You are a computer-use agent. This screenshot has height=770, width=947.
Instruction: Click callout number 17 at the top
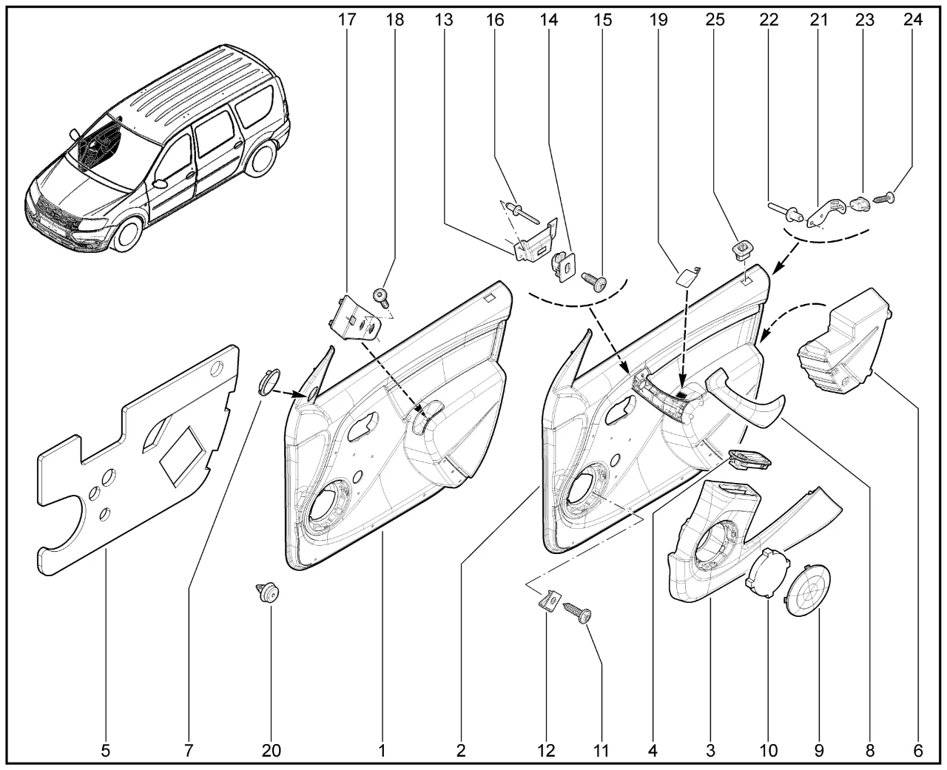[x=346, y=20]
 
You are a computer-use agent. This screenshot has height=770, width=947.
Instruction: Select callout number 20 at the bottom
[x=271, y=751]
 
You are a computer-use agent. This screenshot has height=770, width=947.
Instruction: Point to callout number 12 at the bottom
[x=546, y=751]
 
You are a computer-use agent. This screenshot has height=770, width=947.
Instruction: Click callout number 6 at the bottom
[x=917, y=751]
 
